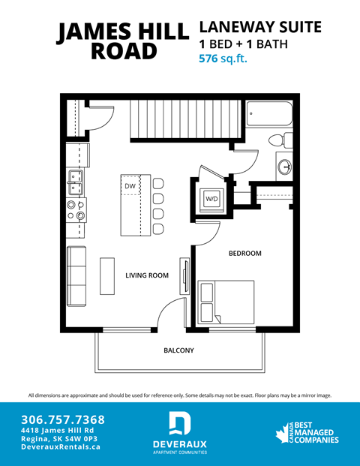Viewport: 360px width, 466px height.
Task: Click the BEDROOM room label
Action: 244,254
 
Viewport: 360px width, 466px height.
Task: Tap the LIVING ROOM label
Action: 146,275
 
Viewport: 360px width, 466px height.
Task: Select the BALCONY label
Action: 178,350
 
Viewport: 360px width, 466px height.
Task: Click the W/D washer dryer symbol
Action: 212,200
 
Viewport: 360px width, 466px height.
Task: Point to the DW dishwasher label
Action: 130,185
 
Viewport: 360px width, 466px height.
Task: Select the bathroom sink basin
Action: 284,166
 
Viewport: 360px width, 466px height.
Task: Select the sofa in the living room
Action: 77,275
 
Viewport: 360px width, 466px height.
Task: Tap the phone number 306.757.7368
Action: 63,419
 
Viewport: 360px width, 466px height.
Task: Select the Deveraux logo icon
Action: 179,423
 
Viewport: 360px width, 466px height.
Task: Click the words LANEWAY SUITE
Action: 259,28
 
